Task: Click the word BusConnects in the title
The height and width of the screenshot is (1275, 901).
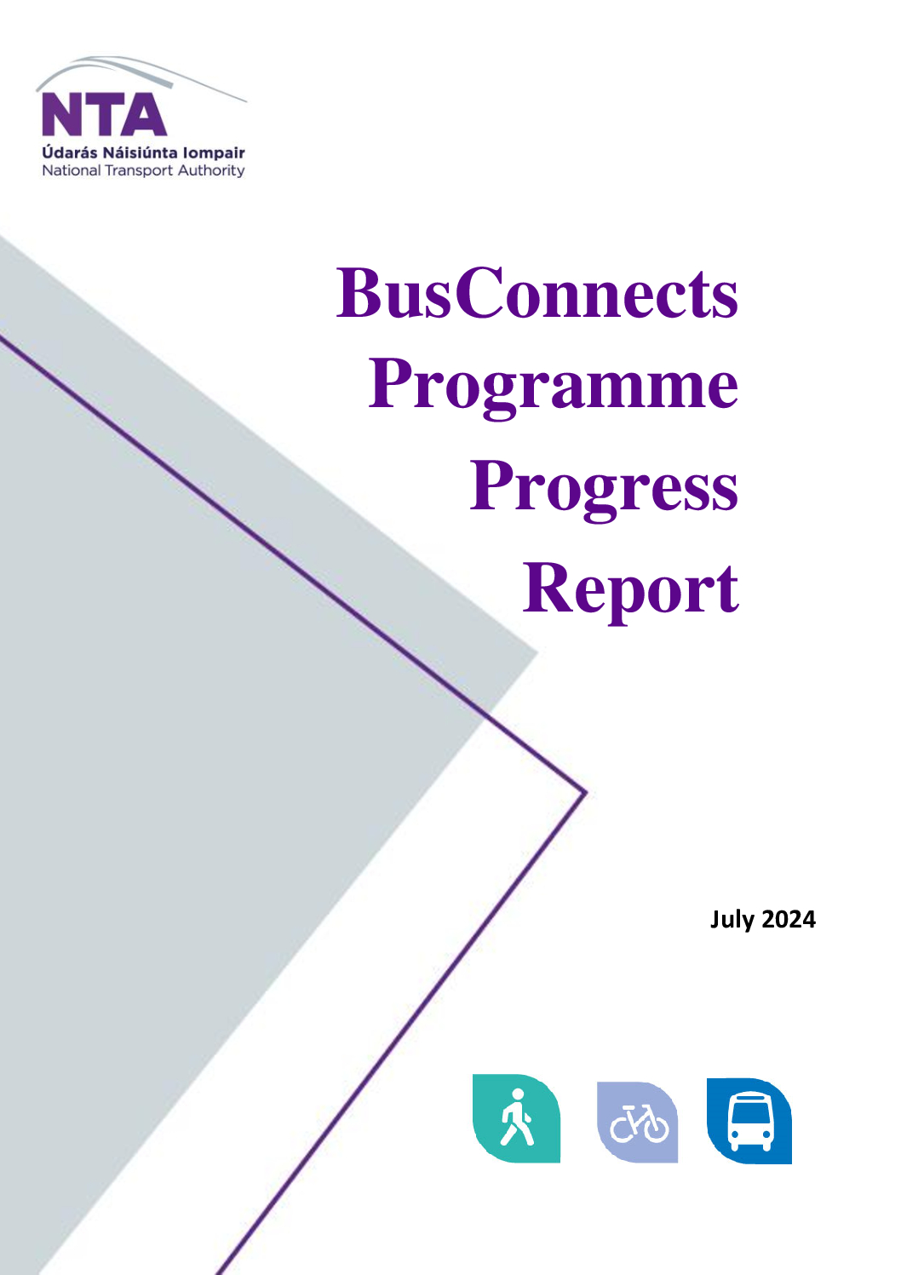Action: click(x=537, y=293)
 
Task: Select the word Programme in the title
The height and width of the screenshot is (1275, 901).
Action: click(x=554, y=387)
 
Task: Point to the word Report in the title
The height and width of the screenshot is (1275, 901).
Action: click(x=631, y=591)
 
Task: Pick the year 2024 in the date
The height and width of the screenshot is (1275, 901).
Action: click(x=789, y=920)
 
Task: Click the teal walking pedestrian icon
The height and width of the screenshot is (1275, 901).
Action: click(x=516, y=1118)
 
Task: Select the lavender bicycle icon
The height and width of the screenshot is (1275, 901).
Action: click(x=638, y=1122)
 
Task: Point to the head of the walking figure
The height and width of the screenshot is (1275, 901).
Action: click(x=518, y=1094)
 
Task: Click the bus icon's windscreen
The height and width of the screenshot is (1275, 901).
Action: click(x=750, y=1111)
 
